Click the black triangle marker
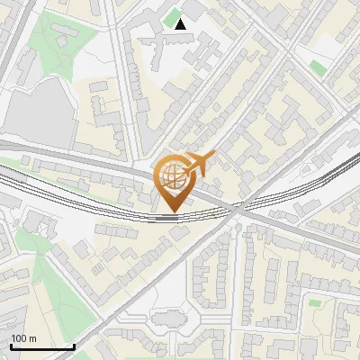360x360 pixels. point(181,24)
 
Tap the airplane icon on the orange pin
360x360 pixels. point(199,165)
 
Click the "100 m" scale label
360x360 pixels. point(24,338)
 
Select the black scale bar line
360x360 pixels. point(42,346)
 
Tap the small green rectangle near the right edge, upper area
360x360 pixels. point(317,67)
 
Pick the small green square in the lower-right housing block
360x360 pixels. point(314,302)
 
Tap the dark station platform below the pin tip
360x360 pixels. point(167,217)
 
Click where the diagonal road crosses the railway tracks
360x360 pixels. point(237,209)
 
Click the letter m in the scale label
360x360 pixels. point(34,338)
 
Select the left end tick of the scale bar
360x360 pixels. point(11,346)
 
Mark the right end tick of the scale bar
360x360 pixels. point(74,346)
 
